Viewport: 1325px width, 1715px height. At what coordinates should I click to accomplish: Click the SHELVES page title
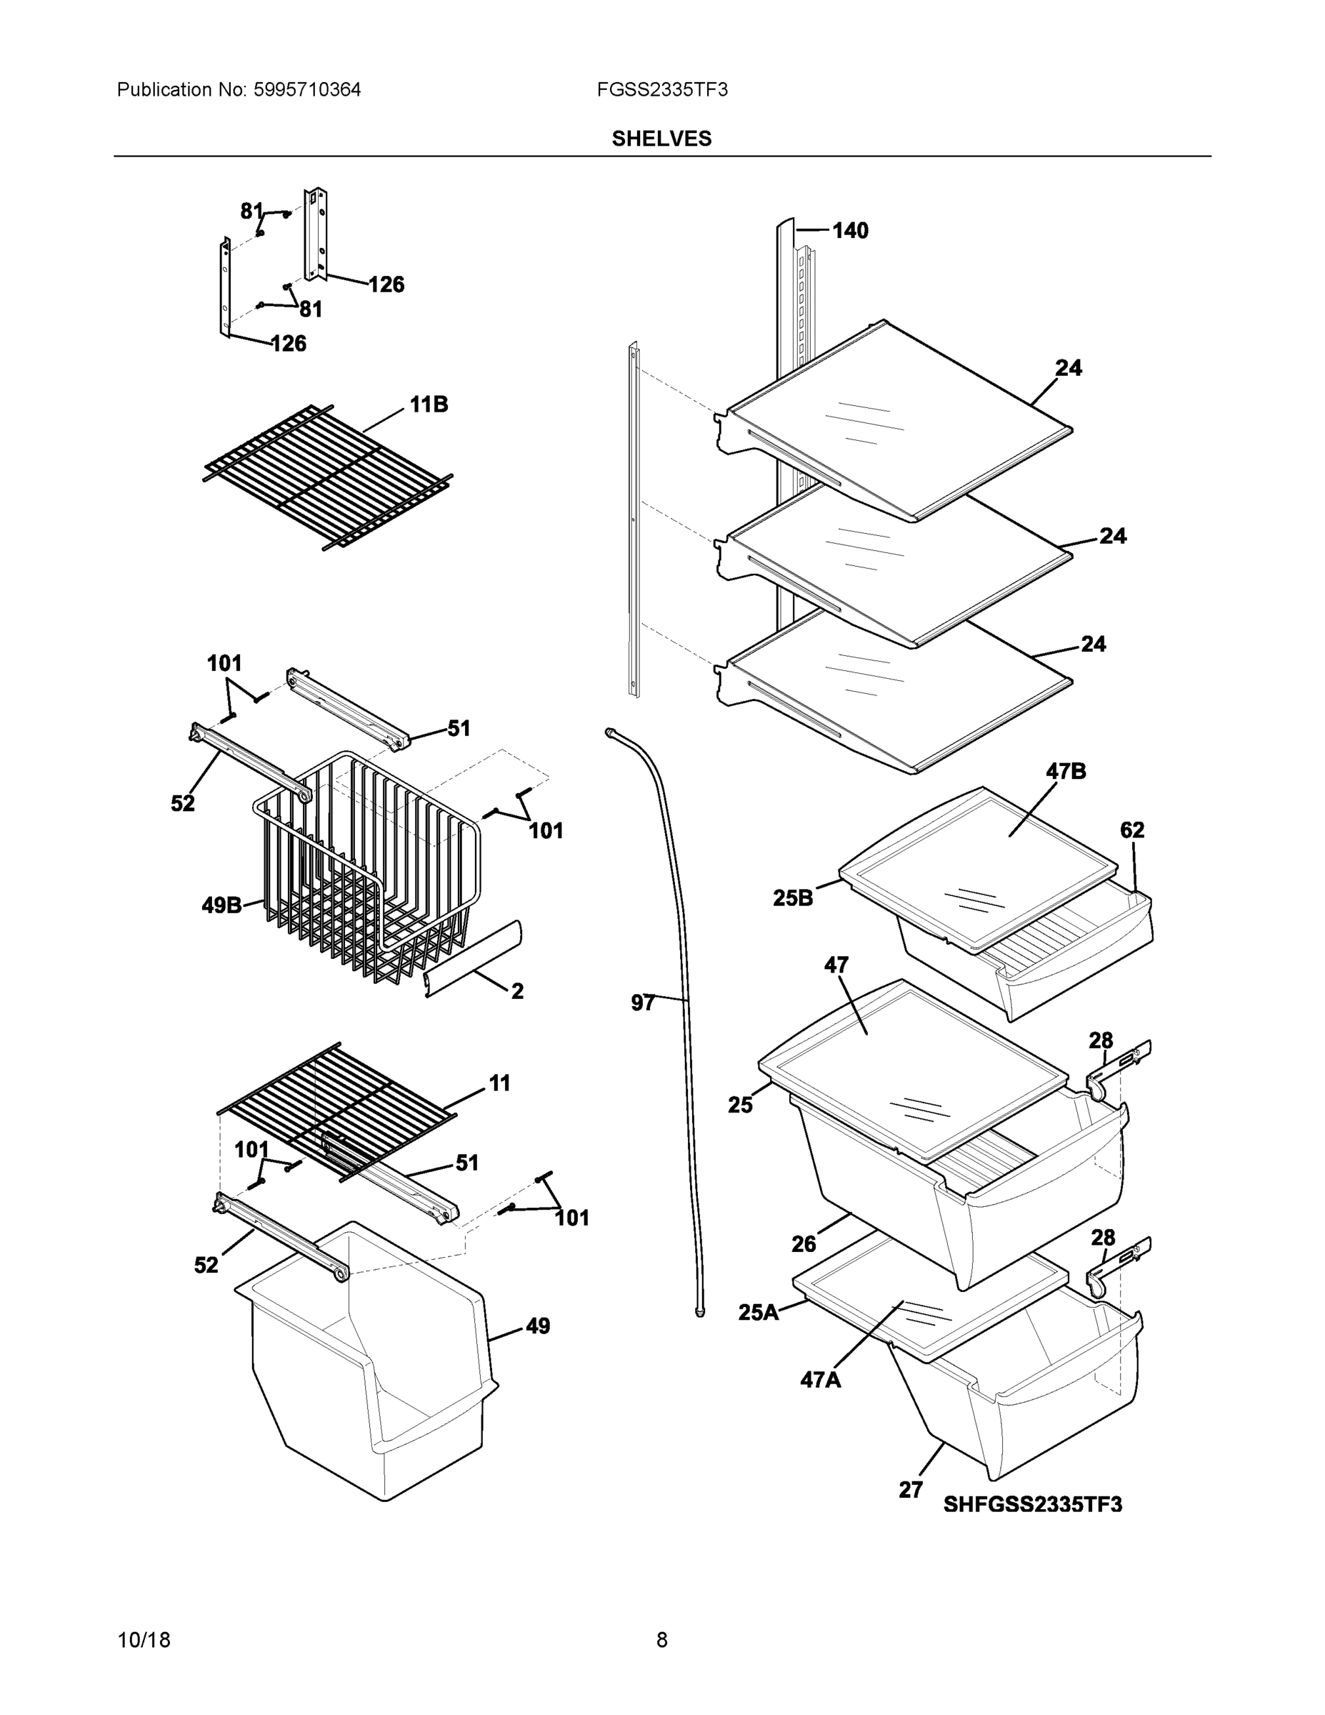pyautogui.click(x=661, y=139)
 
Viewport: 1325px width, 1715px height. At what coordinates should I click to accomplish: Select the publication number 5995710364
pyautogui.click(x=307, y=90)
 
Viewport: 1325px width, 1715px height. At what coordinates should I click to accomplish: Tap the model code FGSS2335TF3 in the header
pyautogui.click(x=661, y=90)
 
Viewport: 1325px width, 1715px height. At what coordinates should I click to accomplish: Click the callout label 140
pyautogui.click(x=849, y=231)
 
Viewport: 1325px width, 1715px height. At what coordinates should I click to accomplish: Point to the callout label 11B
pyautogui.click(x=429, y=405)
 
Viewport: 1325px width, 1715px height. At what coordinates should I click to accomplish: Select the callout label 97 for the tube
pyautogui.click(x=642, y=1003)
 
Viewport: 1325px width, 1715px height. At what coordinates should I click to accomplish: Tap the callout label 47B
pyautogui.click(x=1065, y=772)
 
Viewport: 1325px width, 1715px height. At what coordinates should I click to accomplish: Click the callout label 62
pyautogui.click(x=1131, y=830)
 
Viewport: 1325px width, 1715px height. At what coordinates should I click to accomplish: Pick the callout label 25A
pyautogui.click(x=757, y=1312)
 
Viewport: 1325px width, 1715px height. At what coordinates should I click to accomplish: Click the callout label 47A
pyautogui.click(x=820, y=1380)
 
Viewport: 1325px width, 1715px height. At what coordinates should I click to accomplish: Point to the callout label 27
pyautogui.click(x=911, y=1490)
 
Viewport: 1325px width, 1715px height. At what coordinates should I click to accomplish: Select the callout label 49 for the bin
pyautogui.click(x=537, y=1326)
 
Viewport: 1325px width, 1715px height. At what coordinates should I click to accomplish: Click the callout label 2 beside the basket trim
pyautogui.click(x=516, y=992)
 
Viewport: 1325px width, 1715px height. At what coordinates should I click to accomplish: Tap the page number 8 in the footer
pyautogui.click(x=661, y=1641)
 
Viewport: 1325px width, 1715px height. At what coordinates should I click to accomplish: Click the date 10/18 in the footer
pyautogui.click(x=144, y=1641)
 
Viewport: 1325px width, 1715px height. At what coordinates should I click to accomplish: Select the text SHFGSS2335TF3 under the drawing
pyautogui.click(x=1032, y=1504)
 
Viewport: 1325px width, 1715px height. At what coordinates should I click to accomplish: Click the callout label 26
pyautogui.click(x=803, y=1244)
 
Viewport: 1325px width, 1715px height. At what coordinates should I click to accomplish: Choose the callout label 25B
pyautogui.click(x=792, y=898)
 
